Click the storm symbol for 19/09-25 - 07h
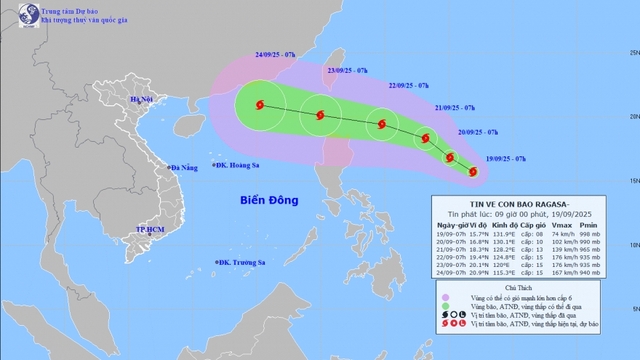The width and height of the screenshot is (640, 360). pyautogui.click(x=473, y=172)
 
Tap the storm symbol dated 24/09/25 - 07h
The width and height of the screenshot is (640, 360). pyautogui.click(x=261, y=104)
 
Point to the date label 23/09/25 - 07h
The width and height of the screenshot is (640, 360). pyautogui.click(x=348, y=71)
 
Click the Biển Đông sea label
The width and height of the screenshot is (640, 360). pyautogui.click(x=271, y=200)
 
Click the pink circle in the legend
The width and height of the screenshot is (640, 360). pyautogui.click(x=445, y=298)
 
